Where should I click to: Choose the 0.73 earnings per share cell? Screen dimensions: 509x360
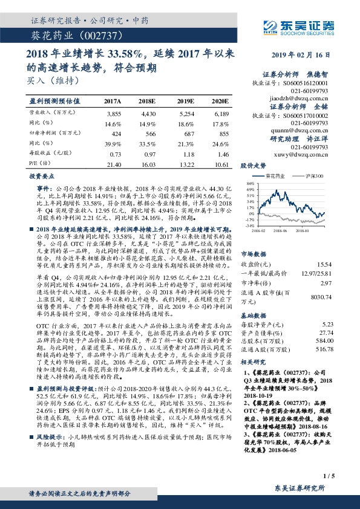115,155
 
